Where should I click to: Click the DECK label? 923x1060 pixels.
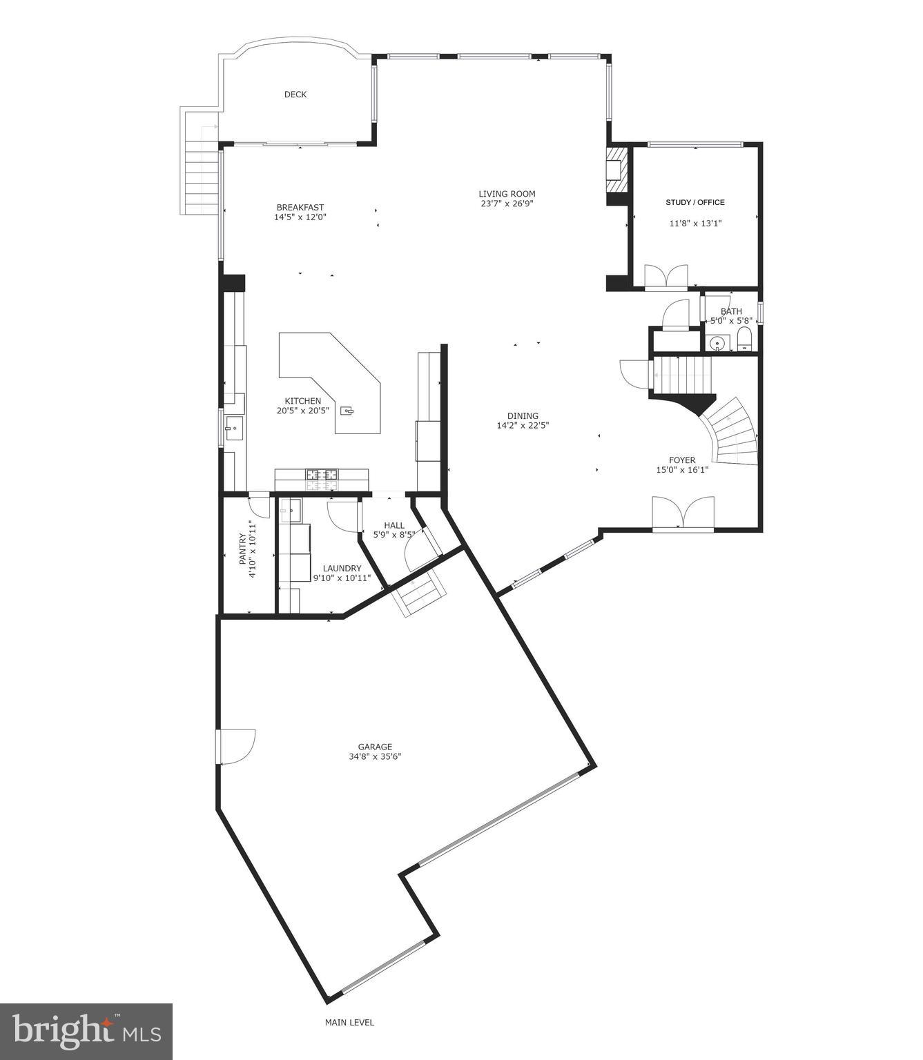[x=295, y=95]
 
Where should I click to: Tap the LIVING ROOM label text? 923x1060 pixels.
[x=507, y=194]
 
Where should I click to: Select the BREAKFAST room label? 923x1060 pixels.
[x=300, y=207]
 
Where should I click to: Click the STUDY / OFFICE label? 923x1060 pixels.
[x=694, y=202]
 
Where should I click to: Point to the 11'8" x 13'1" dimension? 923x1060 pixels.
[x=695, y=223]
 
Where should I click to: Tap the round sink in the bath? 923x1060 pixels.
[x=718, y=342]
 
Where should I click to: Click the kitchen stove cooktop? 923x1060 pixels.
[x=322, y=475]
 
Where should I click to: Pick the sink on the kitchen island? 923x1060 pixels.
[x=349, y=411]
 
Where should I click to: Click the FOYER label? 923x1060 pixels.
[x=681, y=460]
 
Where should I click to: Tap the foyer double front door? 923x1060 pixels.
[x=683, y=514]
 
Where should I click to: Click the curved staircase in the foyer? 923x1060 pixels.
[x=733, y=432]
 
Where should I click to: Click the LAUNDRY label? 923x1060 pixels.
[x=342, y=569]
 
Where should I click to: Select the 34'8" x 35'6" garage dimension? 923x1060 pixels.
[x=375, y=756]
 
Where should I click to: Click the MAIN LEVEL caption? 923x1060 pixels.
[x=349, y=1023]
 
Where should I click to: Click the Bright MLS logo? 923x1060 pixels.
[x=86, y=1031]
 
